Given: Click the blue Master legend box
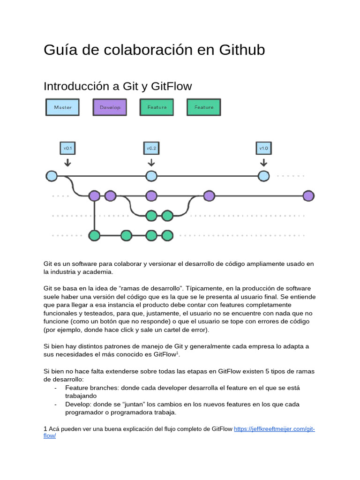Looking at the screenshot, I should (62, 107).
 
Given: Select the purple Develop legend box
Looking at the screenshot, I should (110, 107).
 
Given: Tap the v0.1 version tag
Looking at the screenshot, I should (67, 148).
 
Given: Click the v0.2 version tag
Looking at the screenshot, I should (151, 148).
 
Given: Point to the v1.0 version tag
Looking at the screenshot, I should (263, 148).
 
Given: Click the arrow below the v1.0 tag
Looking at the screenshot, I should (263, 162).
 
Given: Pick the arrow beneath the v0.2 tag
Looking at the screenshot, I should (151, 162).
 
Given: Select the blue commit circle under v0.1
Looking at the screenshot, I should (52, 176).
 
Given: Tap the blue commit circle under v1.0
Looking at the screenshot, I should (264, 176).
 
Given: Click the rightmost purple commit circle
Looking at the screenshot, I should (308, 196).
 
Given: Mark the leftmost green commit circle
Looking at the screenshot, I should (95, 235).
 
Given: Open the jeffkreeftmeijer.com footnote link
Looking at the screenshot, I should (274, 429).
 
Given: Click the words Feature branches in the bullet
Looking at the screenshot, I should (92, 388).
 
